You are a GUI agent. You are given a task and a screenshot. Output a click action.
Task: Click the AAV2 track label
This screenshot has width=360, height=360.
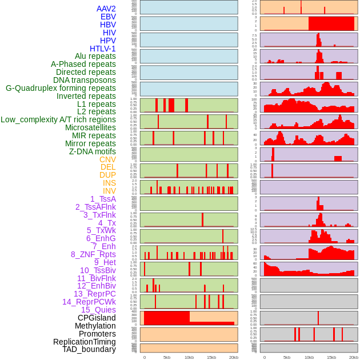pos(106,9)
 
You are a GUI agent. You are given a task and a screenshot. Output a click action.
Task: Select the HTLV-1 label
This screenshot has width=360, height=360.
pos(102,49)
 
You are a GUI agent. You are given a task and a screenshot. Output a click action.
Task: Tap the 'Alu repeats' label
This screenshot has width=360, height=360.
pos(95,56)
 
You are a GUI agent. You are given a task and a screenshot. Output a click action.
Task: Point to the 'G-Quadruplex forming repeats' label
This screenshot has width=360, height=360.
pos(61,88)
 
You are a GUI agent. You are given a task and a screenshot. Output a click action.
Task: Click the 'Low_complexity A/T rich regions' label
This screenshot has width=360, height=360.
pos(58,119)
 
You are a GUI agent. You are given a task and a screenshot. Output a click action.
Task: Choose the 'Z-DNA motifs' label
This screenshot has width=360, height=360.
pos(92,151)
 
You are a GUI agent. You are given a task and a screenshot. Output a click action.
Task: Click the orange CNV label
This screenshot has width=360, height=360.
pos(107,159)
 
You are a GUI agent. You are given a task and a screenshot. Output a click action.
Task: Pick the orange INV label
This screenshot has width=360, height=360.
pos(109,191)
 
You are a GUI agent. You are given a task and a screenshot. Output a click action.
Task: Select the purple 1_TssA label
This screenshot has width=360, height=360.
pos(103,199)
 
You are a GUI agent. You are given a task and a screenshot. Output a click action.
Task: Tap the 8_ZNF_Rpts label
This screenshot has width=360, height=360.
pos(93,254)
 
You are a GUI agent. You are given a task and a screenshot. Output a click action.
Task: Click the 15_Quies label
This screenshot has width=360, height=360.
pos(98,310)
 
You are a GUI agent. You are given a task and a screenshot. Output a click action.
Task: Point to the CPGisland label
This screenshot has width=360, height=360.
pos(97,318)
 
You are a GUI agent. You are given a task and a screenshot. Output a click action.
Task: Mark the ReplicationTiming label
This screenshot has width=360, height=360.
pos(85,342)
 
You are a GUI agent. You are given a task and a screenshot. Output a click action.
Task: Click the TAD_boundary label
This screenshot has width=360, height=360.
pos(89,349)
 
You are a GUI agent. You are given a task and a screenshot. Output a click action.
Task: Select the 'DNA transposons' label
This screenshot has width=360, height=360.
pos(85,80)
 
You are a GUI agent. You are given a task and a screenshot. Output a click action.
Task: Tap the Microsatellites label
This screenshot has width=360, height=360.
pos(90,127)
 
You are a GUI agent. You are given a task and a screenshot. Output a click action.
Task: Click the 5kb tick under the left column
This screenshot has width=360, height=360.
pos(167,357)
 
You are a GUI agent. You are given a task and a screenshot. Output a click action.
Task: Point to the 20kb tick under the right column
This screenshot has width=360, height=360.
pos(354,357)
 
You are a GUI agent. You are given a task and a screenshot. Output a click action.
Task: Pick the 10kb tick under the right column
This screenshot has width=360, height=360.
pos(309,357)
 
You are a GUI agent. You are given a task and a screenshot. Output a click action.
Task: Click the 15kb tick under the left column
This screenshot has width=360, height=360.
pos(211,357)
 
